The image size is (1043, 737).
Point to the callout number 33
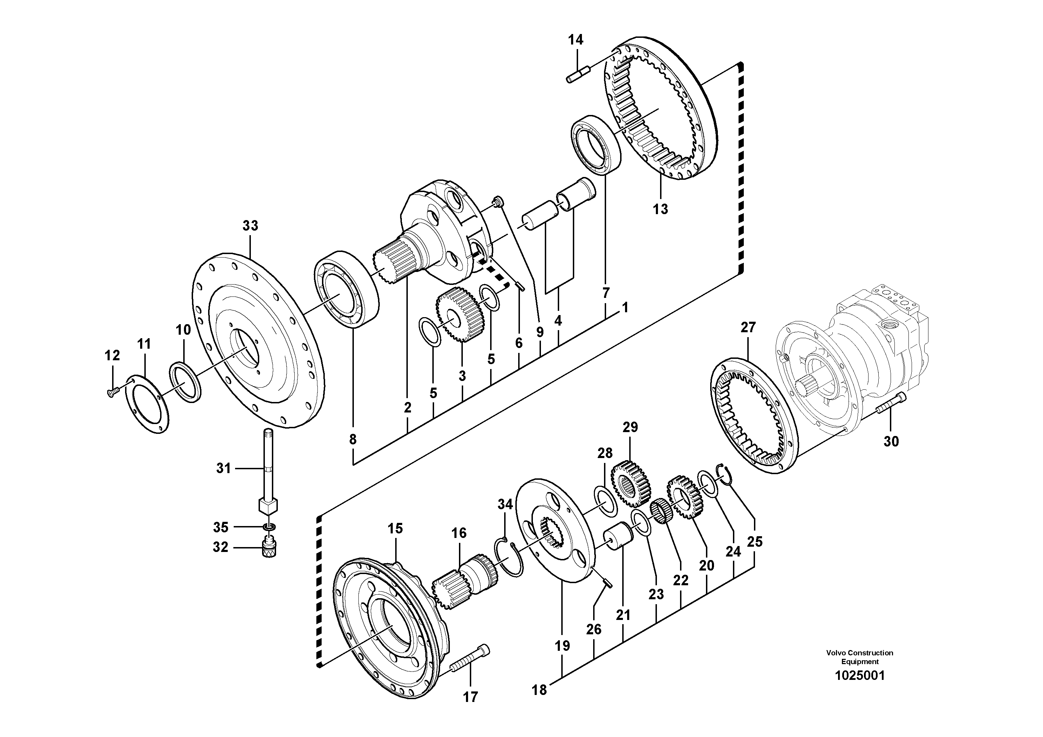tap(250, 225)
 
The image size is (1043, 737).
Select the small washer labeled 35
tap(270, 527)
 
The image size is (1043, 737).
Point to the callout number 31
tap(223, 468)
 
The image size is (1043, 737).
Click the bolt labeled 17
tap(470, 661)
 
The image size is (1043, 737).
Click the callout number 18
tap(539, 690)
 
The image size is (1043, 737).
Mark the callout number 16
tap(459, 533)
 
